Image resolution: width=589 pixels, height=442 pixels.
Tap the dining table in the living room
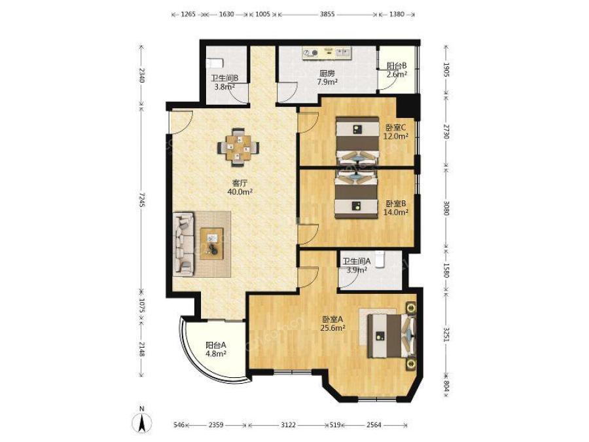click(238, 147)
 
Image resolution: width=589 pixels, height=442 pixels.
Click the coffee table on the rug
click(211, 244)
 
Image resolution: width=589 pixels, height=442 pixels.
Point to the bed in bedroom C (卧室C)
click(357, 140)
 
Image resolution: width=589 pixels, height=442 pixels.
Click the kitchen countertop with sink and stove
click(327, 53)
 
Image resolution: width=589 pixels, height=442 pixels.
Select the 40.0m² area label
click(240, 192)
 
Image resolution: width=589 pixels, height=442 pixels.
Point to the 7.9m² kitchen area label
click(327, 82)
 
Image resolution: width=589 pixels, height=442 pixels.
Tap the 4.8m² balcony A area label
click(215, 354)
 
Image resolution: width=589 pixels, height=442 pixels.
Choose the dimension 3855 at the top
click(327, 14)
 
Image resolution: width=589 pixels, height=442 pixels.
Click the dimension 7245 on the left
click(141, 199)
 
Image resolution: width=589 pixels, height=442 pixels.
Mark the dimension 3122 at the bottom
click(288, 425)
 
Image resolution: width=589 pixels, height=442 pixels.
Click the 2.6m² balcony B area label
click(397, 74)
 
